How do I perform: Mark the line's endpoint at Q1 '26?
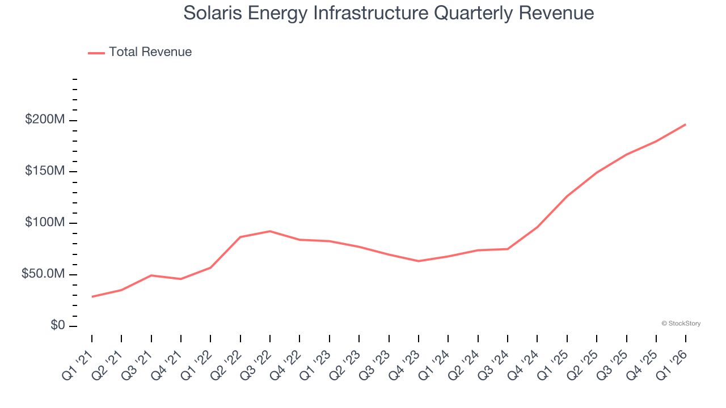pyautogui.click(x=686, y=124)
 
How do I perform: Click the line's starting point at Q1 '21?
pyautogui.click(x=92, y=296)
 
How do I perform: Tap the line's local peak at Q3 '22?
pyautogui.click(x=270, y=231)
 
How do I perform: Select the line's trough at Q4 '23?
pyautogui.click(x=419, y=261)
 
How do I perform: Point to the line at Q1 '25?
pyautogui.click(x=567, y=196)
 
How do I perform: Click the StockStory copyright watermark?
pyautogui.click(x=681, y=324)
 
